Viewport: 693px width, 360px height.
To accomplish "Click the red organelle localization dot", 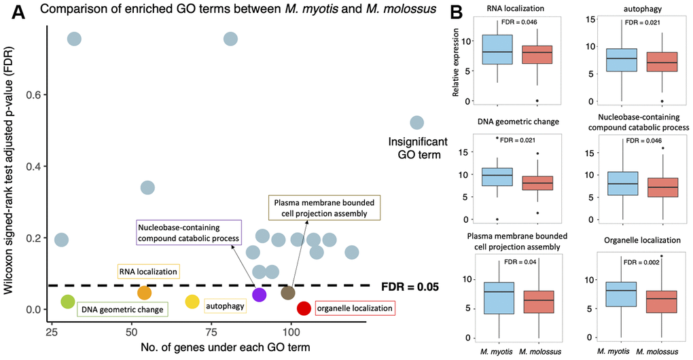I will [304, 308].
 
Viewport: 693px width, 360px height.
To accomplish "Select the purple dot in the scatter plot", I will [259, 294].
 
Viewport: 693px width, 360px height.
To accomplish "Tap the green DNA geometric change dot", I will [67, 302].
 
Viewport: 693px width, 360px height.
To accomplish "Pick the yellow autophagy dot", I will [192, 302].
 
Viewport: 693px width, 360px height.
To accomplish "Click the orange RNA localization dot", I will [144, 293].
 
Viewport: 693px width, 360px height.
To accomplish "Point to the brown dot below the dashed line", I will [287, 293].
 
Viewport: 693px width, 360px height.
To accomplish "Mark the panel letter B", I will [458, 12].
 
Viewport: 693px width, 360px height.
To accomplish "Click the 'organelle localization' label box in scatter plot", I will [355, 308].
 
